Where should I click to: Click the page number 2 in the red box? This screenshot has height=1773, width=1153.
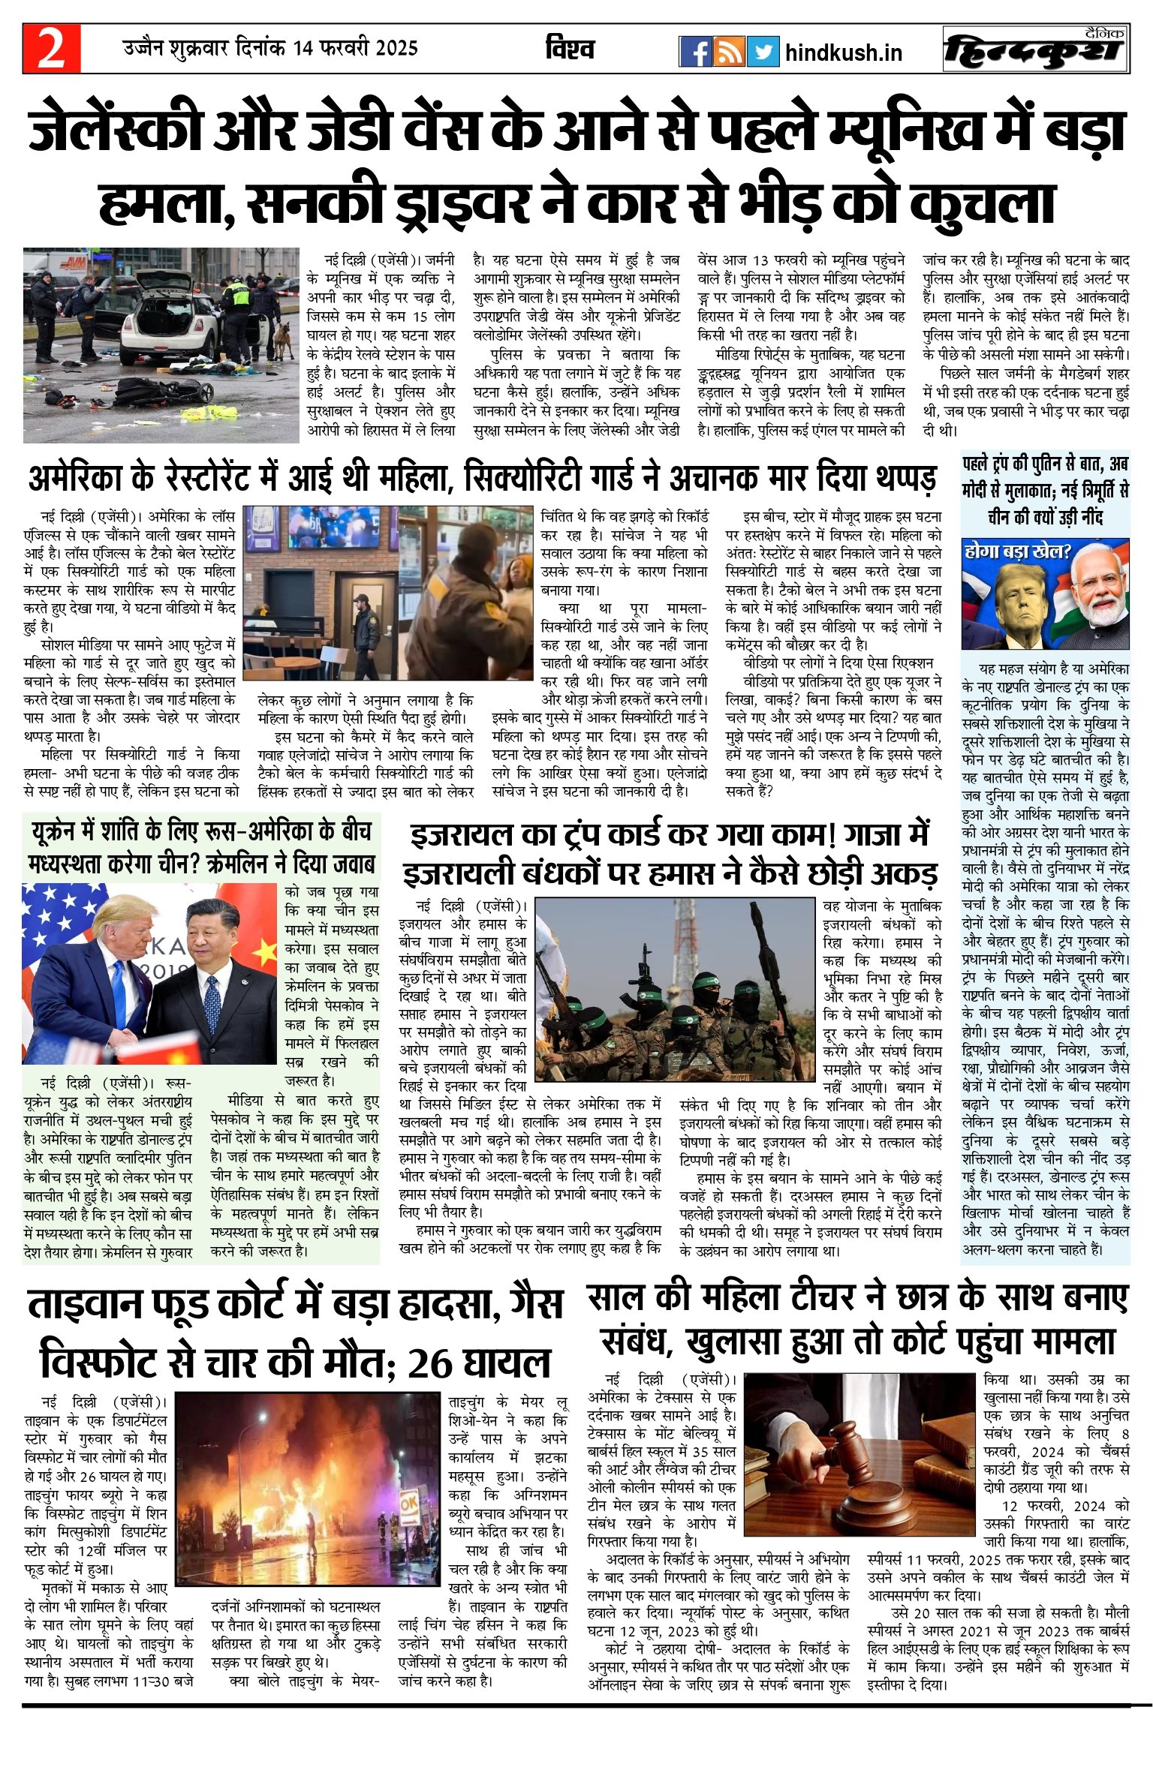coord(51,49)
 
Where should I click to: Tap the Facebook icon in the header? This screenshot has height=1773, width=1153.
coord(694,51)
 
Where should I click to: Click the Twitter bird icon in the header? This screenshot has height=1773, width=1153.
coord(763,51)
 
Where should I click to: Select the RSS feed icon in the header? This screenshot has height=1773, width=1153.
coord(729,51)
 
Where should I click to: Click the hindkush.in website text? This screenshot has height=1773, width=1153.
coord(843,53)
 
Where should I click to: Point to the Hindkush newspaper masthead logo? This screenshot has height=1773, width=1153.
coord(1036,51)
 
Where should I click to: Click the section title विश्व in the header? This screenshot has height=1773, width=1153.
coord(570,50)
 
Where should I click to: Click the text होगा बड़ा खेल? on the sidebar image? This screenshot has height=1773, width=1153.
coord(1017,552)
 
